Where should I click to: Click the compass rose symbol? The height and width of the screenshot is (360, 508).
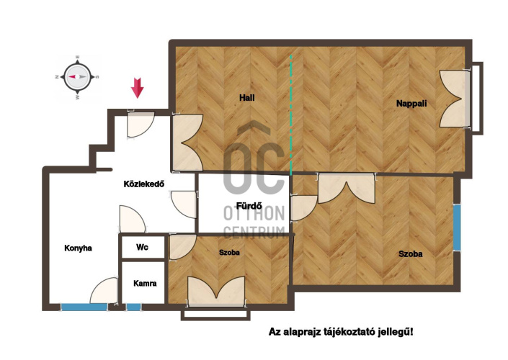coord(77,77)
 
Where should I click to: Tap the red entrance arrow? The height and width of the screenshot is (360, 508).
coord(138,88)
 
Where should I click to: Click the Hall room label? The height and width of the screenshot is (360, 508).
coord(247,97)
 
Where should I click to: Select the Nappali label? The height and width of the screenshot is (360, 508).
coord(411,104)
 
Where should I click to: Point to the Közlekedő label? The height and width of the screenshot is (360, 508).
coord(144,184)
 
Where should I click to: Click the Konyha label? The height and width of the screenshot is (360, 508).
coord(78,248)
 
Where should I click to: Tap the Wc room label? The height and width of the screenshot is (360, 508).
coord(142,248)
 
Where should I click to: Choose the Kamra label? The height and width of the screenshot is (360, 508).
coord(145,284)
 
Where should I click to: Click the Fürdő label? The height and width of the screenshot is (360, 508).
coord(249,206)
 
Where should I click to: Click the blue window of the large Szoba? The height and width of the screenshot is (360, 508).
coord(457,228)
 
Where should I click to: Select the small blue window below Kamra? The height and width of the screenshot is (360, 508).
coord(133,307)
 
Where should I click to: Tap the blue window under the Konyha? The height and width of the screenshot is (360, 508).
coord(84,307)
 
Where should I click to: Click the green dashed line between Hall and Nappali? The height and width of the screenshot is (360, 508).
coord(291,115)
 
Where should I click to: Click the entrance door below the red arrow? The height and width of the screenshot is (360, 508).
coord(141,125)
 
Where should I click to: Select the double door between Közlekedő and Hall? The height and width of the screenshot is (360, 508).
coord(187,143)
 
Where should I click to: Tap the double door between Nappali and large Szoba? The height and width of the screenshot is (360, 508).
coord(347,189)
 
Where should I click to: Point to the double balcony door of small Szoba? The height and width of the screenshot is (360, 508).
coord(216,291)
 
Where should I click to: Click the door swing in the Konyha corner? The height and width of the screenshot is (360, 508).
coord(104,290)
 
